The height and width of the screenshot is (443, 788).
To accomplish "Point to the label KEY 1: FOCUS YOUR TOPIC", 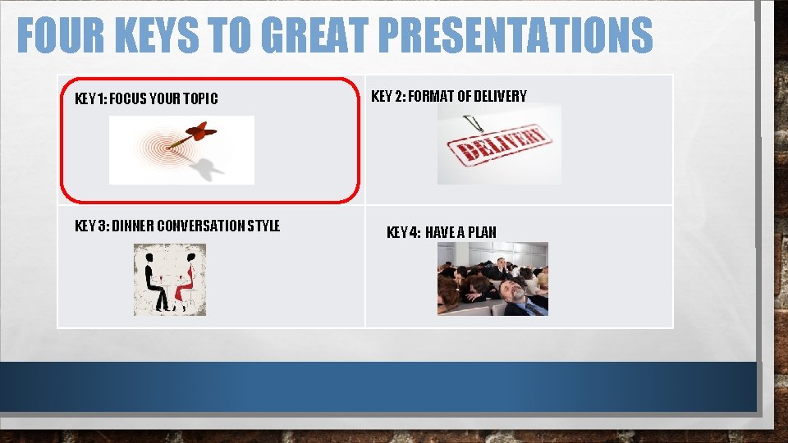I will coord(146,99).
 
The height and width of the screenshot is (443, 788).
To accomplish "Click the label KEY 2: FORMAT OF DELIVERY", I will coord(449,96).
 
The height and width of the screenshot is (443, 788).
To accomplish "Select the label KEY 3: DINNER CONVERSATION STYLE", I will coord(177,226).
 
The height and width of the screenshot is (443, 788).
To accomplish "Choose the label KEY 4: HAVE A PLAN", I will coord(441,232).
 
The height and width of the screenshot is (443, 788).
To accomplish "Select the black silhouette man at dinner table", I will coord(153,281).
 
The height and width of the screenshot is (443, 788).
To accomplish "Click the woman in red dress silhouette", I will coord(188,281).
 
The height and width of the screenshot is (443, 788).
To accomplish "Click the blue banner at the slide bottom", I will coord(378,386).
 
